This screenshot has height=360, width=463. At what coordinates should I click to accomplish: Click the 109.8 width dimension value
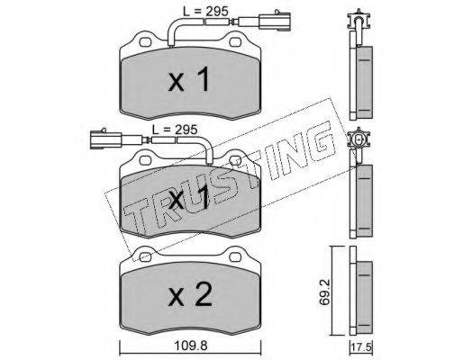[191, 346]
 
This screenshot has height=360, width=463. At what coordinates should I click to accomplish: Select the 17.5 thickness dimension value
[361, 348]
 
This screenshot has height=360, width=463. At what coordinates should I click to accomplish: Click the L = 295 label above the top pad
[205, 12]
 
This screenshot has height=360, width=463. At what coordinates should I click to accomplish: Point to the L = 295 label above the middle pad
[175, 130]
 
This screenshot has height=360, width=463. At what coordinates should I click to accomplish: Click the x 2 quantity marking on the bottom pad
[190, 295]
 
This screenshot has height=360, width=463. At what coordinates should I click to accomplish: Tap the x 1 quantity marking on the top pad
[188, 79]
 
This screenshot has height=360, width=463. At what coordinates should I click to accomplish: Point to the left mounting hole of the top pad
[145, 42]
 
